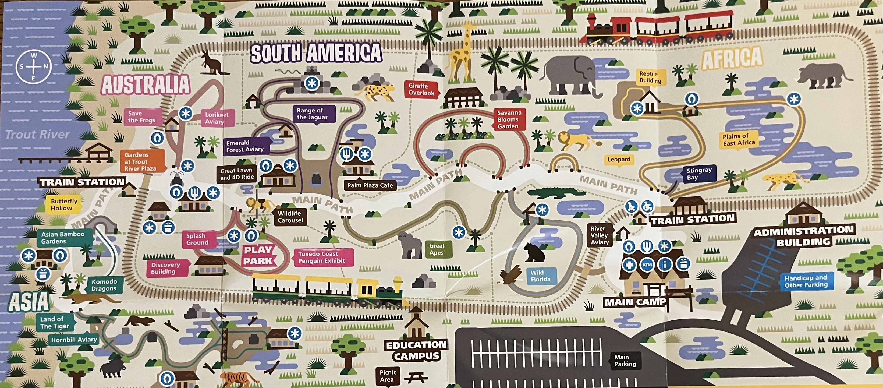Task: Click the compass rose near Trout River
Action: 33,67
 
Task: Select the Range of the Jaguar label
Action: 312,114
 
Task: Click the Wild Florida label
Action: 540,276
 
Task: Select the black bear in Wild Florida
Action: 534,253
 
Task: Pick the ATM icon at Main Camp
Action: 647,265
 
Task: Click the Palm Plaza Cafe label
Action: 370,185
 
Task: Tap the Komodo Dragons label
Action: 104,285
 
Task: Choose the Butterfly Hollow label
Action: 64,204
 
